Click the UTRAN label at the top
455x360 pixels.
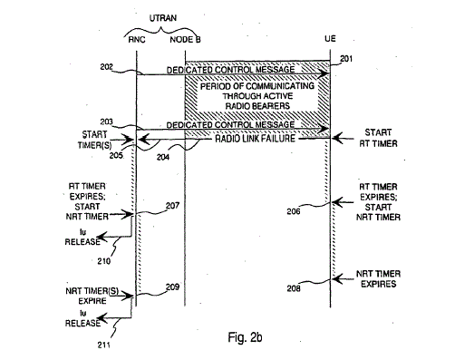click(x=163, y=18)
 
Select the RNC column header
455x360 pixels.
click(x=137, y=40)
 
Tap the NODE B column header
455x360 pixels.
click(x=185, y=40)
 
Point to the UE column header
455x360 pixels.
click(x=330, y=39)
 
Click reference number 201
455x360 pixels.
click(x=346, y=58)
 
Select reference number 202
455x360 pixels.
click(x=106, y=67)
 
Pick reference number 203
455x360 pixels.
click(x=106, y=122)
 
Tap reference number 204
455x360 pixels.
click(x=163, y=157)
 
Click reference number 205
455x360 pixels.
click(x=116, y=155)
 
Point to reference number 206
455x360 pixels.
click(x=294, y=211)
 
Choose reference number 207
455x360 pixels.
click(x=172, y=206)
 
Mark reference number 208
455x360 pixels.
click(x=294, y=288)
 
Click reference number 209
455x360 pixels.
click(x=172, y=287)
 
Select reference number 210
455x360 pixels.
click(x=103, y=261)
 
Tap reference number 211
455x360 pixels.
click(x=103, y=345)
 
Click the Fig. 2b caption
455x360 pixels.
click(x=245, y=337)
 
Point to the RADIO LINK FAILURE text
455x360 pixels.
click(x=255, y=139)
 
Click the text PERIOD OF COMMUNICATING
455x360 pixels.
click(x=257, y=86)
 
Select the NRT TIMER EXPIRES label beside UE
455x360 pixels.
click(x=378, y=279)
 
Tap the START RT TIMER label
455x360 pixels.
click(x=378, y=138)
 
